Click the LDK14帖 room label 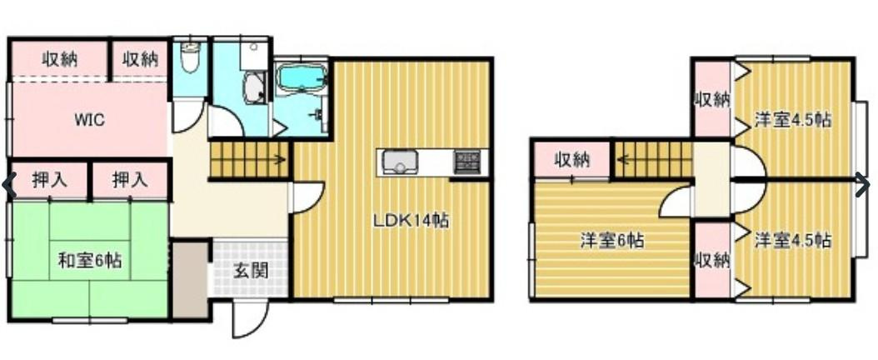pyautogui.click(x=411, y=221)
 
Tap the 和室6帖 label pyautogui.click(x=90, y=260)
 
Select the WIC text pyautogui.click(x=90, y=120)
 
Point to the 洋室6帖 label pyautogui.click(x=611, y=242)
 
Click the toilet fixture pyautogui.click(x=191, y=58)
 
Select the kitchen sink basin pyautogui.click(x=399, y=163)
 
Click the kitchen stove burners pyautogui.click(x=467, y=162)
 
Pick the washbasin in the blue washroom pyautogui.click(x=254, y=87)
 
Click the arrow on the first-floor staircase pyautogui.click(x=277, y=159)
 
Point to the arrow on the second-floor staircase pyautogui.click(x=624, y=158)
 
